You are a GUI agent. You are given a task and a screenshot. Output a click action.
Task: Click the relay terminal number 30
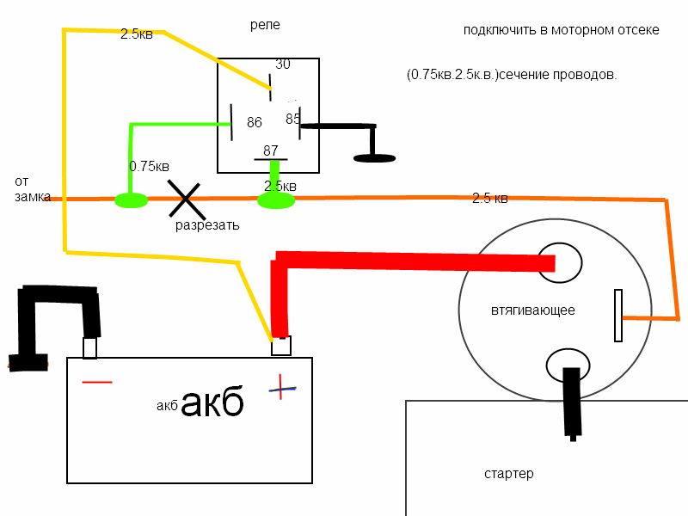pyautogui.click(x=283, y=64)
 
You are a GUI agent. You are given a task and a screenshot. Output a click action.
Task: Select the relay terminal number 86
pyautogui.click(x=254, y=122)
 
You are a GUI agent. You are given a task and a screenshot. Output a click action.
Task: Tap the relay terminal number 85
pyautogui.click(x=292, y=119)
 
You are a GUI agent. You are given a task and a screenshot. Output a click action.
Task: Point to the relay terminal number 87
pyautogui.click(x=271, y=150)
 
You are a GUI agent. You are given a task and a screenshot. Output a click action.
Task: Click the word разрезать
pyautogui.click(x=206, y=225)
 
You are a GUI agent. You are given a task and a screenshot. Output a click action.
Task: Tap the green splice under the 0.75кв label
pyautogui.click(x=131, y=200)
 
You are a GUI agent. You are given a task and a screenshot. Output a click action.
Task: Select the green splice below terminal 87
pyautogui.click(x=276, y=200)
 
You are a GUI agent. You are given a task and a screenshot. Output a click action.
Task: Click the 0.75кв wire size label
pyautogui.click(x=149, y=165)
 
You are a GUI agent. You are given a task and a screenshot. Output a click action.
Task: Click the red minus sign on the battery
pyautogui.click(x=96, y=381)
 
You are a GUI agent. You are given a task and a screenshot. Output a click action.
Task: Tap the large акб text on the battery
pyautogui.click(x=212, y=401)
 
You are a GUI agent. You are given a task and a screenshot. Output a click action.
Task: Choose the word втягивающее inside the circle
pyautogui.click(x=532, y=310)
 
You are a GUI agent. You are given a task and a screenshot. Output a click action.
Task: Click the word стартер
pyautogui.click(x=508, y=474)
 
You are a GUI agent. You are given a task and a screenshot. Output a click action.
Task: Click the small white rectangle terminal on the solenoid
pyautogui.click(x=617, y=315)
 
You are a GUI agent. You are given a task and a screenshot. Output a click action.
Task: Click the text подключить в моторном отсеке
pyautogui.click(x=561, y=30)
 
